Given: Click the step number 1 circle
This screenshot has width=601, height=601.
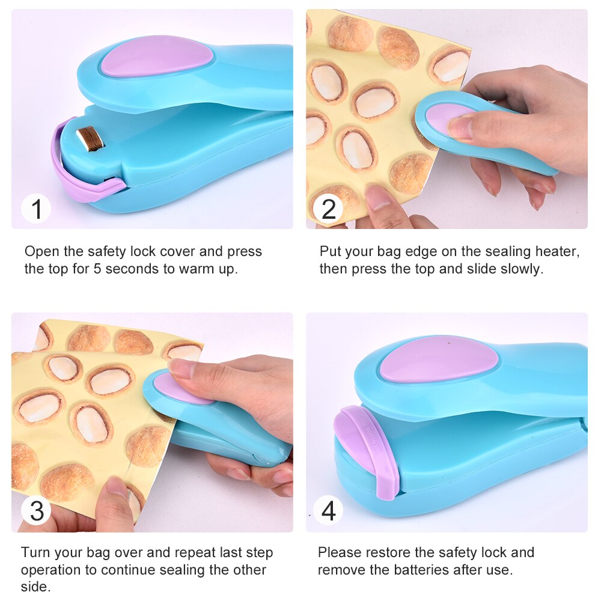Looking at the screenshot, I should (x=37, y=210).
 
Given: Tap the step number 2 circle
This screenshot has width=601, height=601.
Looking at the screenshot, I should (x=329, y=210).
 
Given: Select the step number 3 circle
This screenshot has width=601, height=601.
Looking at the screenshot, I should (x=37, y=511).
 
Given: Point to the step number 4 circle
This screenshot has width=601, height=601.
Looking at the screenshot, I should (x=329, y=511).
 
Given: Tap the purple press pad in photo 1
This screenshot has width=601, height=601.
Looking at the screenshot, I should (x=157, y=57).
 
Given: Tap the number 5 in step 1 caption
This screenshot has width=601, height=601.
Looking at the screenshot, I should (x=97, y=269).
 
